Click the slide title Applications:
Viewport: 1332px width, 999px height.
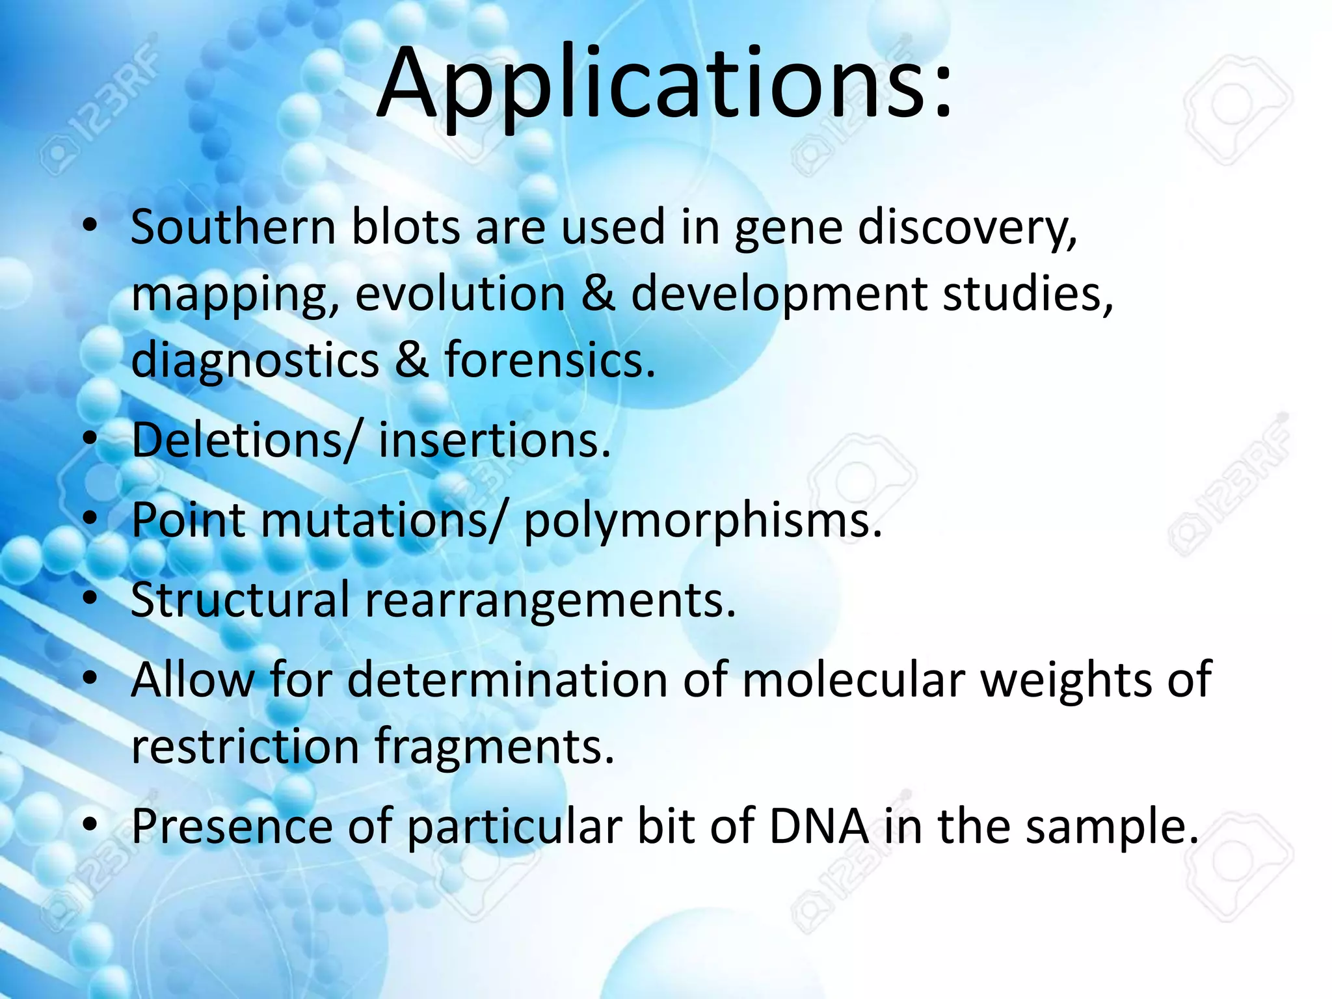(x=665, y=85)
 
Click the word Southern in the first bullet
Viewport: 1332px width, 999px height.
(x=233, y=227)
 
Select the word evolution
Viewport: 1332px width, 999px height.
(x=460, y=294)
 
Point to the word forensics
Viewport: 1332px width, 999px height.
(x=550, y=360)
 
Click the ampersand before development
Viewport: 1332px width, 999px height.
(x=598, y=294)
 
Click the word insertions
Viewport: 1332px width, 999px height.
(x=494, y=440)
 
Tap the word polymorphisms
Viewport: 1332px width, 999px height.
(x=702, y=520)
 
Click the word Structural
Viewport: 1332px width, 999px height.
(x=240, y=600)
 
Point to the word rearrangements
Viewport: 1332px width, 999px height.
(x=550, y=600)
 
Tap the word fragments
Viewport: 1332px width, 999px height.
(x=494, y=746)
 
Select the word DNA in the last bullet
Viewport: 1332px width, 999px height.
(x=819, y=826)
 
